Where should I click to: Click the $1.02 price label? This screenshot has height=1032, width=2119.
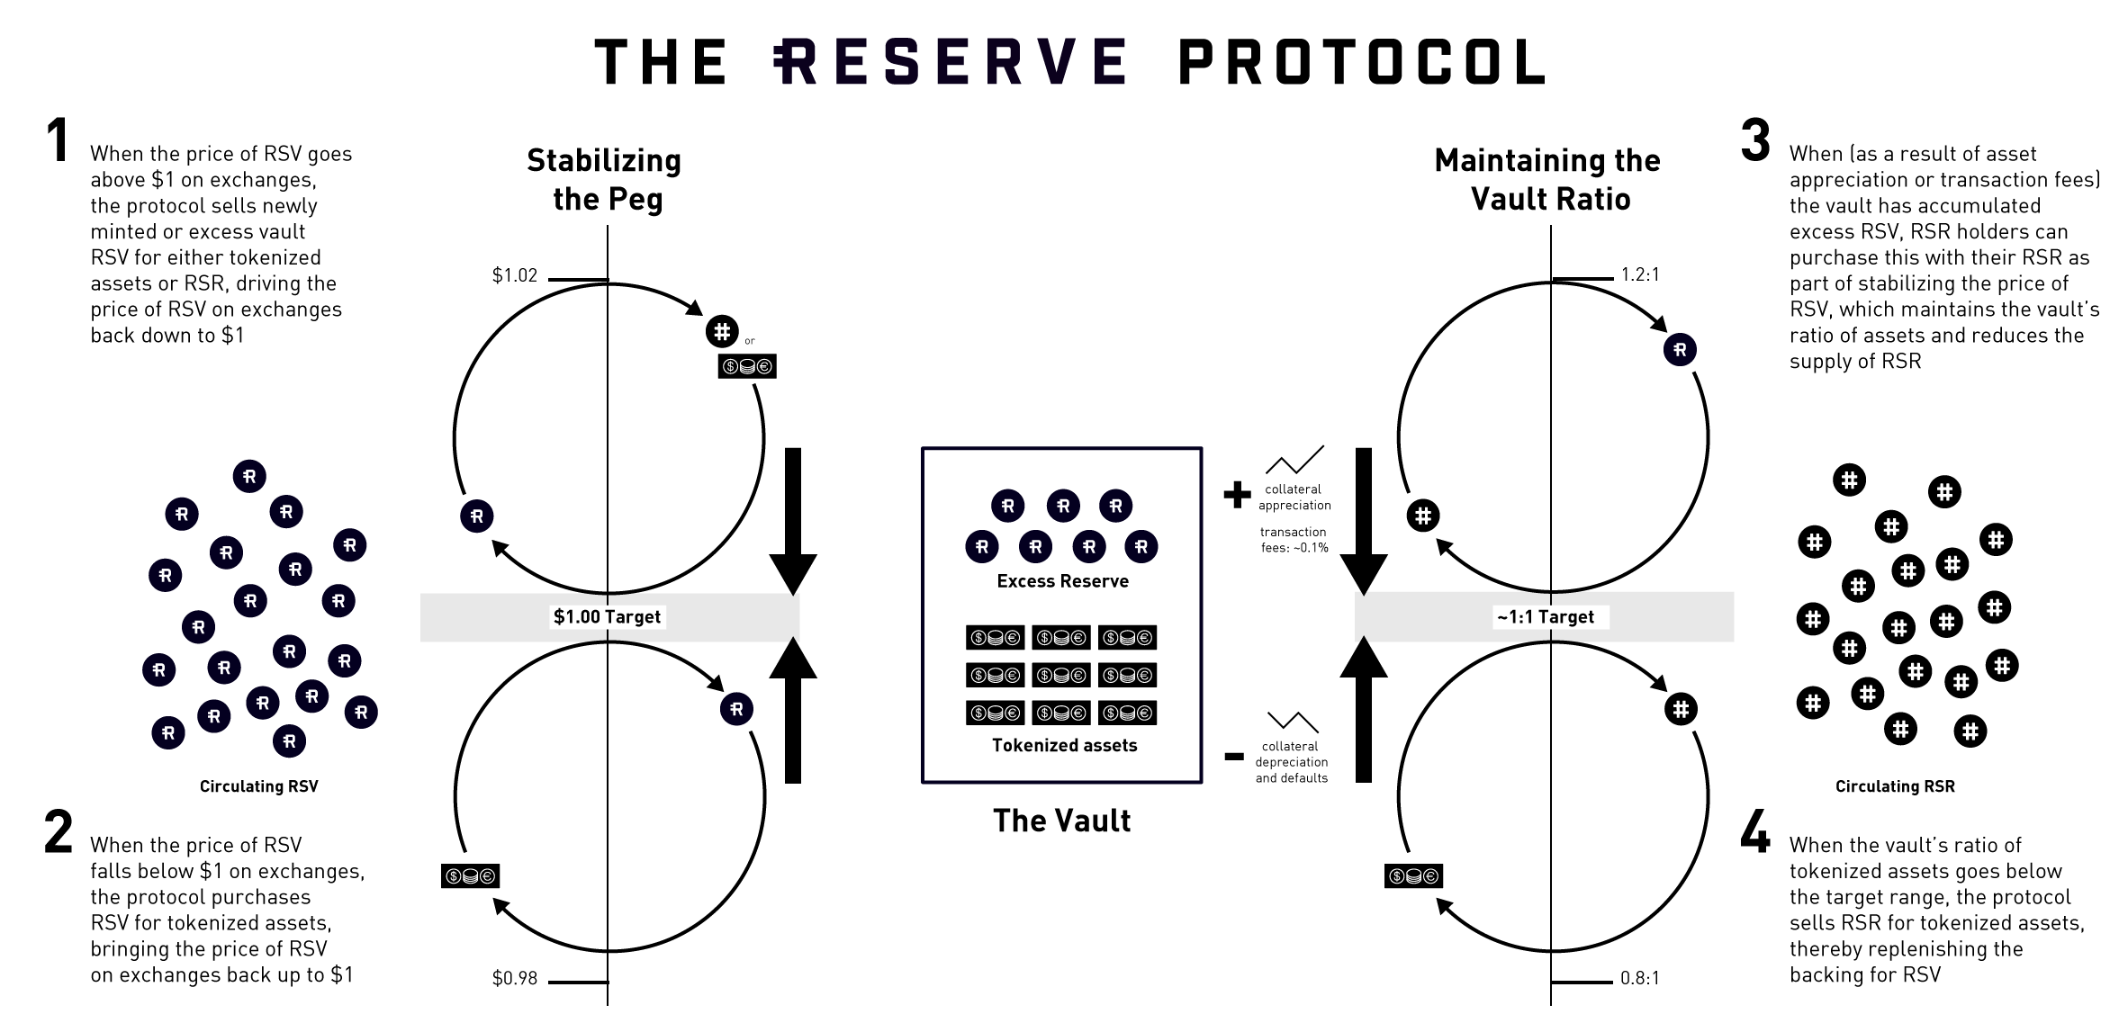(x=514, y=275)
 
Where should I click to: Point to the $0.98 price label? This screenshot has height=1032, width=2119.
(x=514, y=978)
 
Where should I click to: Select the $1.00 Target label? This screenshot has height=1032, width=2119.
(x=607, y=617)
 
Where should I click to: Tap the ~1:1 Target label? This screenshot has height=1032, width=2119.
(x=1545, y=617)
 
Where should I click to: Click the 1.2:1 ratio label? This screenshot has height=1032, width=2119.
(x=1639, y=275)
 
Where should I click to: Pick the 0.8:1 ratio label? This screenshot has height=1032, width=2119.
(x=1639, y=978)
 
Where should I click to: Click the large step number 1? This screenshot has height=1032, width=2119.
(x=59, y=141)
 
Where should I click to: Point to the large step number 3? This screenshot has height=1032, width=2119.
(x=1755, y=141)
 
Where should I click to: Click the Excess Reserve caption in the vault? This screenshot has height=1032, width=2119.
(x=1062, y=582)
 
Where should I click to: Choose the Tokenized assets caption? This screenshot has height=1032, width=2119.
(x=1064, y=746)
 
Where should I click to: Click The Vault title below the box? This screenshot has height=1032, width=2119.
(x=1061, y=821)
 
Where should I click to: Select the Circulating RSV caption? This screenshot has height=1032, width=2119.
(x=258, y=786)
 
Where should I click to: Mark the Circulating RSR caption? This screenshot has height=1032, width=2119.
(x=1895, y=786)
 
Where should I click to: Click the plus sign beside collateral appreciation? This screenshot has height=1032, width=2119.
(x=1238, y=494)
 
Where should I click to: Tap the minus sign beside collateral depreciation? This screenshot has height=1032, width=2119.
(x=1234, y=757)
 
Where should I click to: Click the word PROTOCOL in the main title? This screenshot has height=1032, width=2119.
(x=1361, y=62)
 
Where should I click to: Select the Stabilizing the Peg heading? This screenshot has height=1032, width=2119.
(x=605, y=180)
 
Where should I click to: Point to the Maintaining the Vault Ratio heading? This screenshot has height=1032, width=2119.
(x=1548, y=180)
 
